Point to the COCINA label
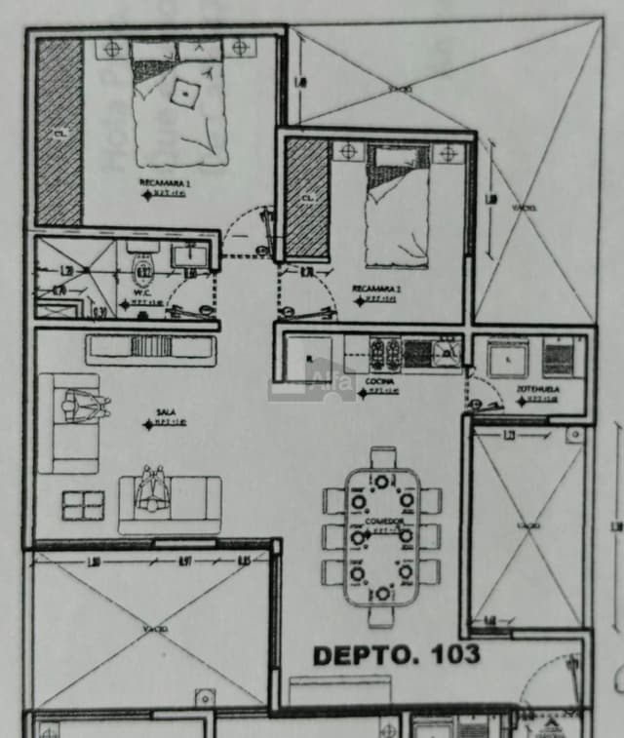(378, 382)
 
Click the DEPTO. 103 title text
(396, 655)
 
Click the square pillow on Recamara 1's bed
(185, 93)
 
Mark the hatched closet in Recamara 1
(59, 132)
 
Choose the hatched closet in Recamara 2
(307, 197)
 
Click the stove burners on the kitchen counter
(385, 351)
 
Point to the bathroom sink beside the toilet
(189, 256)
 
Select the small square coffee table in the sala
(83, 505)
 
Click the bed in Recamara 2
(397, 207)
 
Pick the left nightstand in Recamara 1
(113, 47)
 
